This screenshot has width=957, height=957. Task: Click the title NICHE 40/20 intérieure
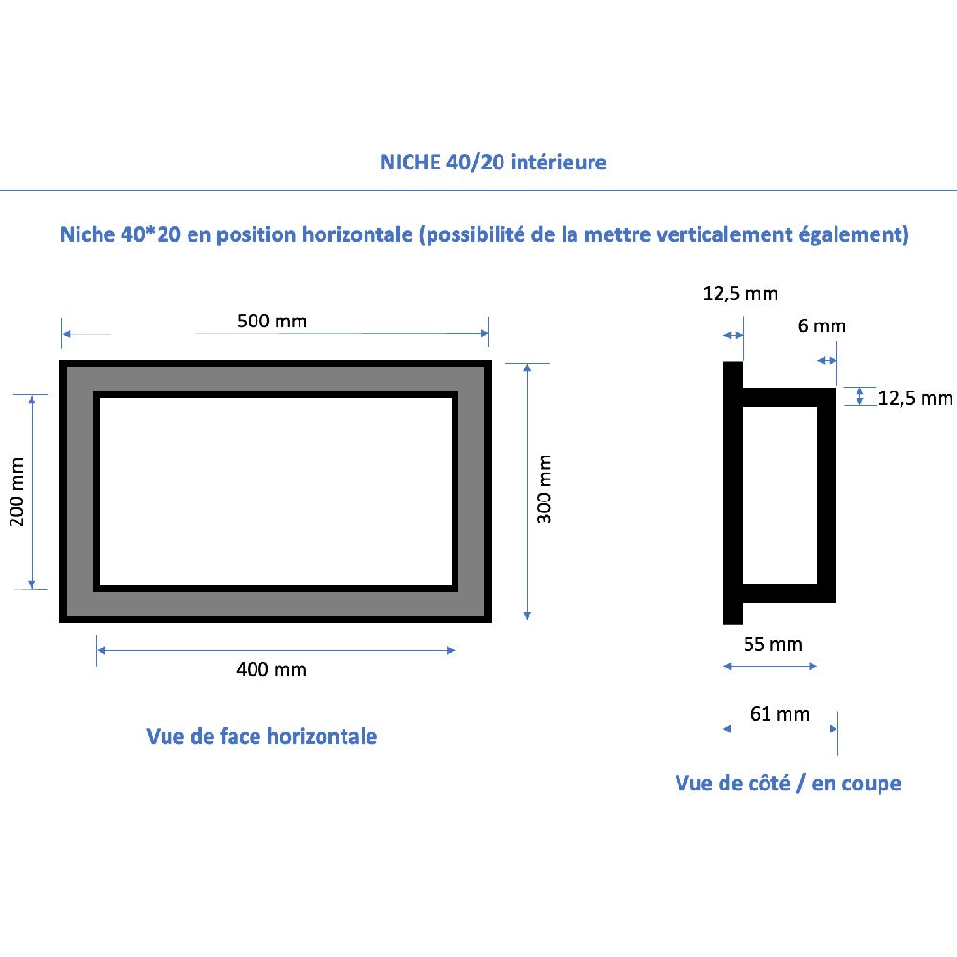click(x=493, y=163)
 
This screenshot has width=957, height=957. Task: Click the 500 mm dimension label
click(x=272, y=321)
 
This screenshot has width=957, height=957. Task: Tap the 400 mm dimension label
click(x=272, y=670)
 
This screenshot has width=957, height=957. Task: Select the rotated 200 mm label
click(x=16, y=492)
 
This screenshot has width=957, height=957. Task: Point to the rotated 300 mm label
click(x=544, y=489)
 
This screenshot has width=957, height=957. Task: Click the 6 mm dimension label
click(x=821, y=326)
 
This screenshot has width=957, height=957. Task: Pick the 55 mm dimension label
click(x=772, y=644)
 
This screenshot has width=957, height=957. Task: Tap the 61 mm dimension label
click(x=779, y=714)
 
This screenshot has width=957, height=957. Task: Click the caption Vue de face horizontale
click(x=262, y=736)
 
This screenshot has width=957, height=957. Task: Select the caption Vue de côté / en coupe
click(x=788, y=783)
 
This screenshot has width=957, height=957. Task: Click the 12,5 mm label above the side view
click(x=741, y=294)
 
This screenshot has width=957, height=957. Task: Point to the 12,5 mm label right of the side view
click(x=916, y=398)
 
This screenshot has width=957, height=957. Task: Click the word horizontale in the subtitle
click(x=358, y=235)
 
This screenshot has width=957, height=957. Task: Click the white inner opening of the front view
click(x=276, y=491)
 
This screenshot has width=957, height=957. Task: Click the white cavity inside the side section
click(x=779, y=495)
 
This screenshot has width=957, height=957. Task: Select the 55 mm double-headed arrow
click(x=770, y=666)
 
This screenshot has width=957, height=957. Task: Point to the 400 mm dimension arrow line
click(x=276, y=650)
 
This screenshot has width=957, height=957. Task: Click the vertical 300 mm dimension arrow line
click(x=527, y=492)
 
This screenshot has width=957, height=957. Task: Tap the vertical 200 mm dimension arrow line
click(x=32, y=492)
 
